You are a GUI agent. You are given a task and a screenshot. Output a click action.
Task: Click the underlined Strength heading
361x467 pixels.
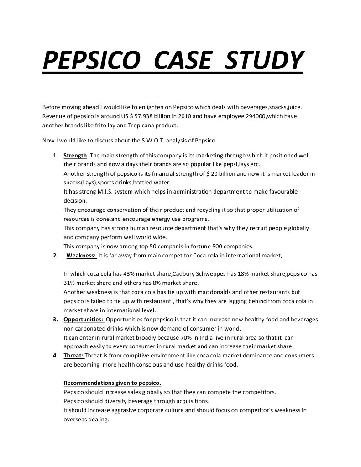75,156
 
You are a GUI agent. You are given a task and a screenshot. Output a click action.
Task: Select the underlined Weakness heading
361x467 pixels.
81,256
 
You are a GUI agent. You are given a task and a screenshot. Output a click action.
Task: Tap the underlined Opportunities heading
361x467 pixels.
84,319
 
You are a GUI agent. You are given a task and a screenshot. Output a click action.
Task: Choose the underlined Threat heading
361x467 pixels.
73,356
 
